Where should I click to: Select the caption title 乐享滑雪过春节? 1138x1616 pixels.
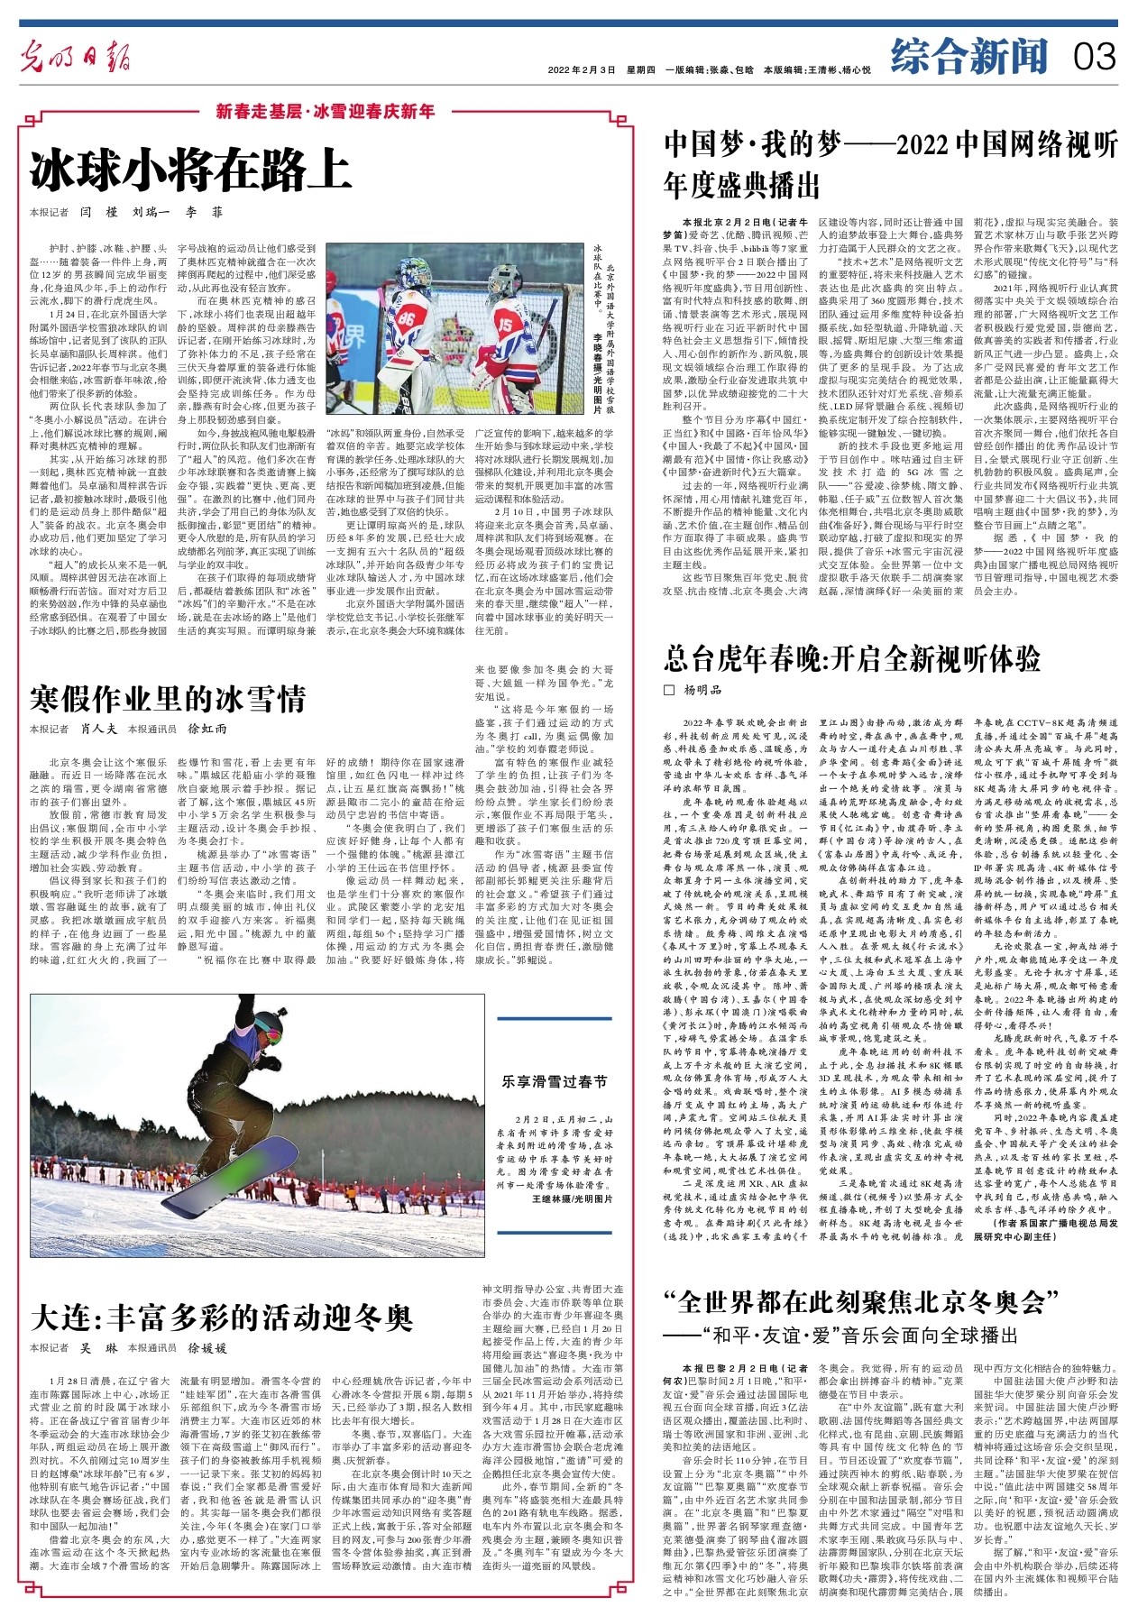pos(555,1081)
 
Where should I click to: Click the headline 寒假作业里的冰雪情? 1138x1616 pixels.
pos(168,698)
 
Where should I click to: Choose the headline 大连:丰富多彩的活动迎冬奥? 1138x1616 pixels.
pos(221,1318)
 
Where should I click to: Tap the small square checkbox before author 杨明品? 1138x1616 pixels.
pos(668,690)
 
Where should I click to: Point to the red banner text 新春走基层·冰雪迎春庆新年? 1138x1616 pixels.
pos(326,113)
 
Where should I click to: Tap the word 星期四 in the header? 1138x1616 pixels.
pos(641,69)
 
